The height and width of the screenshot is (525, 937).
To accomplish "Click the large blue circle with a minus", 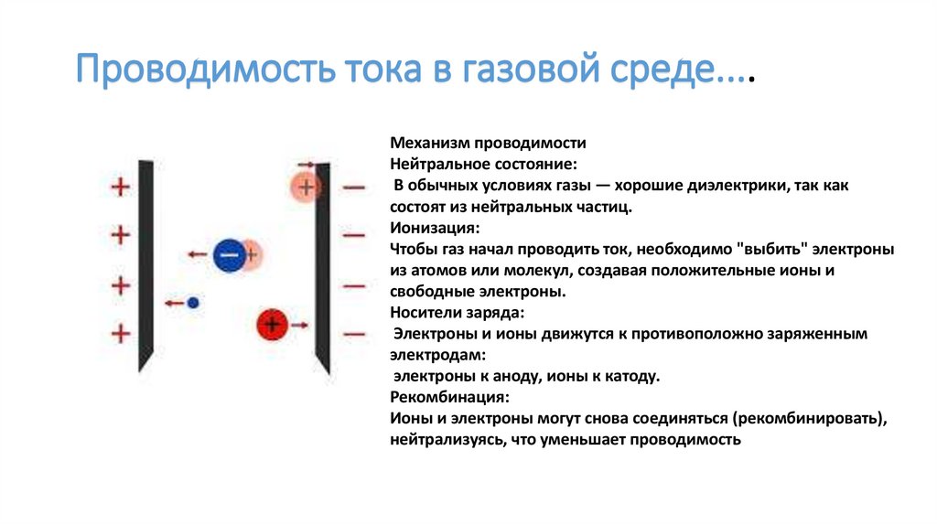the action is (x=229, y=254).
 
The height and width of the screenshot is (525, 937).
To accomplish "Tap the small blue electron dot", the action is (x=192, y=302).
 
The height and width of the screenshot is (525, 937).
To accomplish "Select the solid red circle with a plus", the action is (x=272, y=323).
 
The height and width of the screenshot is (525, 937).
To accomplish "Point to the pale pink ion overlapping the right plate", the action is (x=307, y=187).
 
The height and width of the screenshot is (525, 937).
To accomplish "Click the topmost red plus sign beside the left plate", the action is (x=120, y=187).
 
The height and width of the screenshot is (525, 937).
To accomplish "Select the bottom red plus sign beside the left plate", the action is (x=120, y=333).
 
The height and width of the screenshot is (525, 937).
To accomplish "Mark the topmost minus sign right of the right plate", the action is (x=354, y=187).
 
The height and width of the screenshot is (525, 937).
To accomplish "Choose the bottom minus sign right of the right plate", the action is (x=354, y=333).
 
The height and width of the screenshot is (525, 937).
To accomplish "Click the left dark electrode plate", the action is (x=145, y=265).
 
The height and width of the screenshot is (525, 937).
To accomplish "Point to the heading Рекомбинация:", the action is (x=449, y=398).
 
